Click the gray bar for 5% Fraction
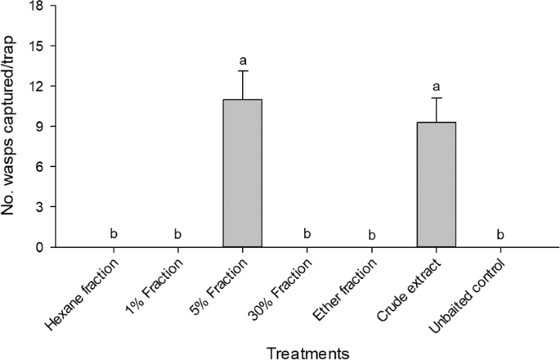[242, 173]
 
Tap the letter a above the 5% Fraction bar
[243, 60]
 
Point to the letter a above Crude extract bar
[437, 86]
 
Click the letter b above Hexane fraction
[114, 235]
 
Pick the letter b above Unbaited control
[500, 235]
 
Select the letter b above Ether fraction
[372, 236]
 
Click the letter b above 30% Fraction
[307, 235]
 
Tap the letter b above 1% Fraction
[178, 235]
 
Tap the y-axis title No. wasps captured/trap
[11, 127]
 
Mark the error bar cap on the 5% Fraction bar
[243, 71]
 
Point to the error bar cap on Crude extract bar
[437, 98]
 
